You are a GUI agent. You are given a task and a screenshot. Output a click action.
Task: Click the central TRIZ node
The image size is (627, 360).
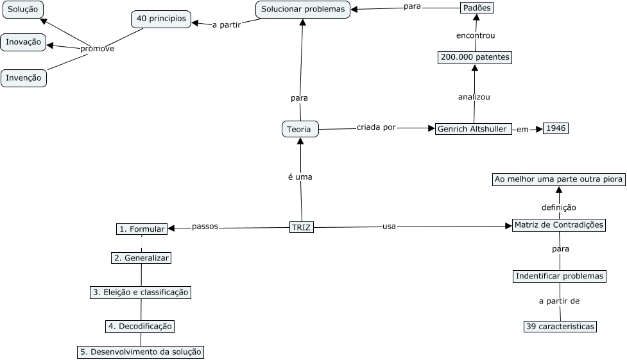[302, 227]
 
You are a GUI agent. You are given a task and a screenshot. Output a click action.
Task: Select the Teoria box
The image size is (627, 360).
[300, 129]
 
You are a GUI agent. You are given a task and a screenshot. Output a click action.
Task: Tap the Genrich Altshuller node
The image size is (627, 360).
[474, 129]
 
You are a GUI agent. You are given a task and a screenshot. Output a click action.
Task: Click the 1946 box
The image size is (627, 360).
[556, 128]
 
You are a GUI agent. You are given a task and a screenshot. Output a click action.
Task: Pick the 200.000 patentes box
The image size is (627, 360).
[475, 57]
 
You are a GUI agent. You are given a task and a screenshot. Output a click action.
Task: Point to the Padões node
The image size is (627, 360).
[478, 8]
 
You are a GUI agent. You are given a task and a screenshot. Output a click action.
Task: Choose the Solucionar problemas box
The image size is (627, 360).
[303, 9]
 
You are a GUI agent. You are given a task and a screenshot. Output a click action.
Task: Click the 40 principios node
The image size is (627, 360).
[161, 19]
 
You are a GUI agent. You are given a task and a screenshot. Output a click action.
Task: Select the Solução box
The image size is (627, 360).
[22, 8]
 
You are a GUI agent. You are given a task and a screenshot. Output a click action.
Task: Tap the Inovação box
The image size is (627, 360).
[23, 42]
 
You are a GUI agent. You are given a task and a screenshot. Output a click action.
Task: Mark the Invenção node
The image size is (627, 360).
[24, 78]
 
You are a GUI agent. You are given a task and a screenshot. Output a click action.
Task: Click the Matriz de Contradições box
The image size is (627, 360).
[559, 225]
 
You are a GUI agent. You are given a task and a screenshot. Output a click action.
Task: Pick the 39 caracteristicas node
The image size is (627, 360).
[560, 326]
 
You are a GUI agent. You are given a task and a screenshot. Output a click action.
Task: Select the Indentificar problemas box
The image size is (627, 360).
[560, 276]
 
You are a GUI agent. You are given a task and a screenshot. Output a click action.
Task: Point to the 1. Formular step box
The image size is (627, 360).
[142, 228]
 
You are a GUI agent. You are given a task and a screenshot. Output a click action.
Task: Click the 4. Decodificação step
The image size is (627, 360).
[140, 326]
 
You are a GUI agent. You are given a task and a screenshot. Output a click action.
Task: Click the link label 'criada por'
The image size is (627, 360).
[376, 128]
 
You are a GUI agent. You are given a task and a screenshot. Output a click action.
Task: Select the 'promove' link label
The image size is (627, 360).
[97, 49]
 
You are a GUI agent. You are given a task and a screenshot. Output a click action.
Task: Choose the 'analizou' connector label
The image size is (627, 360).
[474, 97]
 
